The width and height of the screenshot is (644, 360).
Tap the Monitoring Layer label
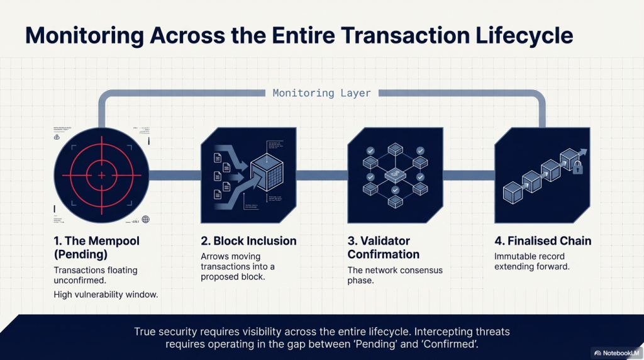[321, 93]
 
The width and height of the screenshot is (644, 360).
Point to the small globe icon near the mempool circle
[146, 219]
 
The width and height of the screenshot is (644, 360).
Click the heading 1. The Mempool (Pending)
[96, 247]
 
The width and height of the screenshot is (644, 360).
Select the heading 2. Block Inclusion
[248, 241]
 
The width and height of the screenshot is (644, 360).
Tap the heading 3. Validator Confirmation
[383, 247]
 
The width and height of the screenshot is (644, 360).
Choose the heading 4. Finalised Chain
[542, 241]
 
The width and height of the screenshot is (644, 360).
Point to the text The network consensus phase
[395, 275]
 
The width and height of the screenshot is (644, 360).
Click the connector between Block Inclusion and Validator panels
[322, 174]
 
